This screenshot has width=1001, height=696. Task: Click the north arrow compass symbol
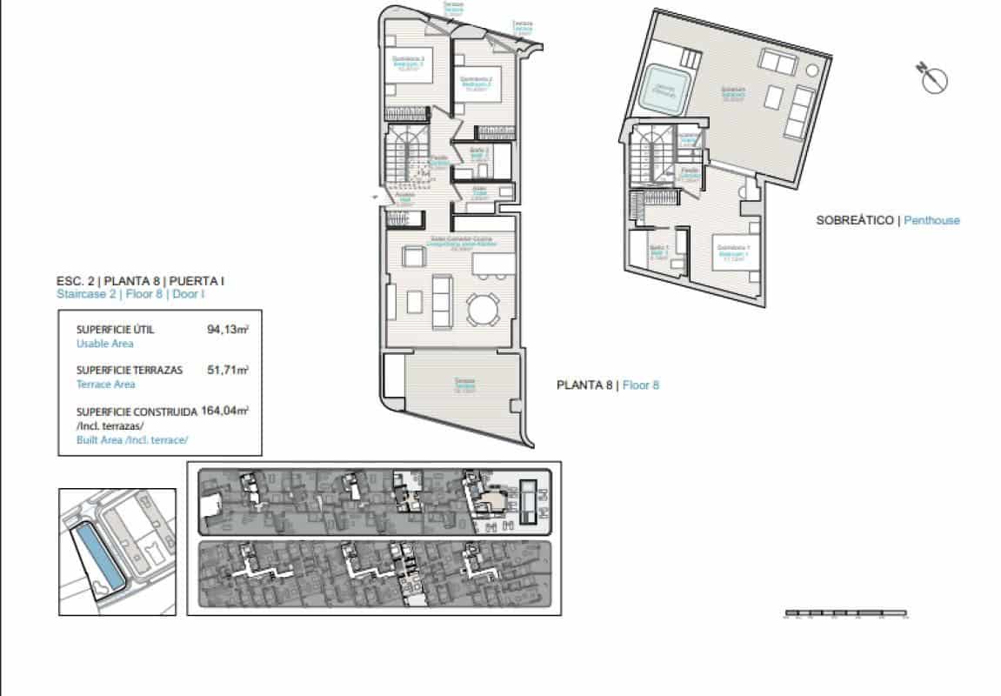pyautogui.click(x=932, y=78)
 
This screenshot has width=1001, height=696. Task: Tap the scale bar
pyautogui.click(x=845, y=615)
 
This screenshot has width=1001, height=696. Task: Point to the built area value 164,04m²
pyautogui.click(x=225, y=410)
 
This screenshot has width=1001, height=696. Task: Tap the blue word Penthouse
pyautogui.click(x=931, y=221)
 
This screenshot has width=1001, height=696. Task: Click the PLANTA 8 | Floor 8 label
pyautogui.click(x=607, y=385)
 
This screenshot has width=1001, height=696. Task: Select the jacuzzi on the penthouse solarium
pyautogui.click(x=665, y=90)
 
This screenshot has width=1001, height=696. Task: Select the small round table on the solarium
pyautogui.click(x=811, y=69)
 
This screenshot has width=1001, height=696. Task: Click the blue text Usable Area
pyautogui.click(x=104, y=344)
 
